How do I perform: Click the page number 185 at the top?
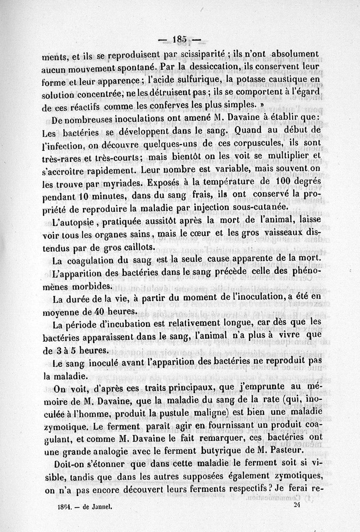[180, 39]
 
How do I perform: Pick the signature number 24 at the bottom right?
[296, 504]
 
